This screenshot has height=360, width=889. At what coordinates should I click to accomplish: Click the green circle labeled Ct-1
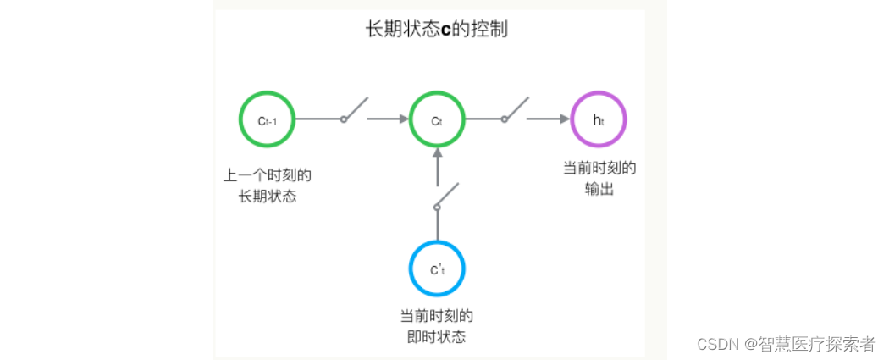click(268, 119)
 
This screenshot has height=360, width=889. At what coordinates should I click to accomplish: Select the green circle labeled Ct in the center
click(437, 119)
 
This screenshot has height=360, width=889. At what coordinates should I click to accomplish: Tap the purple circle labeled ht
click(599, 119)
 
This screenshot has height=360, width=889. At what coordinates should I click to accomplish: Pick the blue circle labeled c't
click(437, 269)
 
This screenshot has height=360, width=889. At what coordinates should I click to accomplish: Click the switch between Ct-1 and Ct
click(354, 111)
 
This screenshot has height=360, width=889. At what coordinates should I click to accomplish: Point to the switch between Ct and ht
click(515, 111)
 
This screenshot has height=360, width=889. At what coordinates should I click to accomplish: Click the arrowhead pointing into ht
click(564, 119)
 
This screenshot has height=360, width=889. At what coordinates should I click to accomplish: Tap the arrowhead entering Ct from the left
click(403, 119)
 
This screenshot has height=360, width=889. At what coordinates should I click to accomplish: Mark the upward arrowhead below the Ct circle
click(437, 153)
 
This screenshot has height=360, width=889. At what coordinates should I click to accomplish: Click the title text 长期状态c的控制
click(436, 30)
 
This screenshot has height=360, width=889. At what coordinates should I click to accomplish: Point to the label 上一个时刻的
click(268, 176)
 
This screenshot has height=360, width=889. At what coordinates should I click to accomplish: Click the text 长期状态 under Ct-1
click(268, 197)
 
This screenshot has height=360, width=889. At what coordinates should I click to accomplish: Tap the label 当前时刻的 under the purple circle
click(599, 168)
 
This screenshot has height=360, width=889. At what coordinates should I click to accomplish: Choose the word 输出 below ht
click(599, 189)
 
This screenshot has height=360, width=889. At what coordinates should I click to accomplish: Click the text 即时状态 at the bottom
click(437, 337)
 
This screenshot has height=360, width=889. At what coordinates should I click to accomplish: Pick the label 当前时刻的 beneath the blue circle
click(437, 317)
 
